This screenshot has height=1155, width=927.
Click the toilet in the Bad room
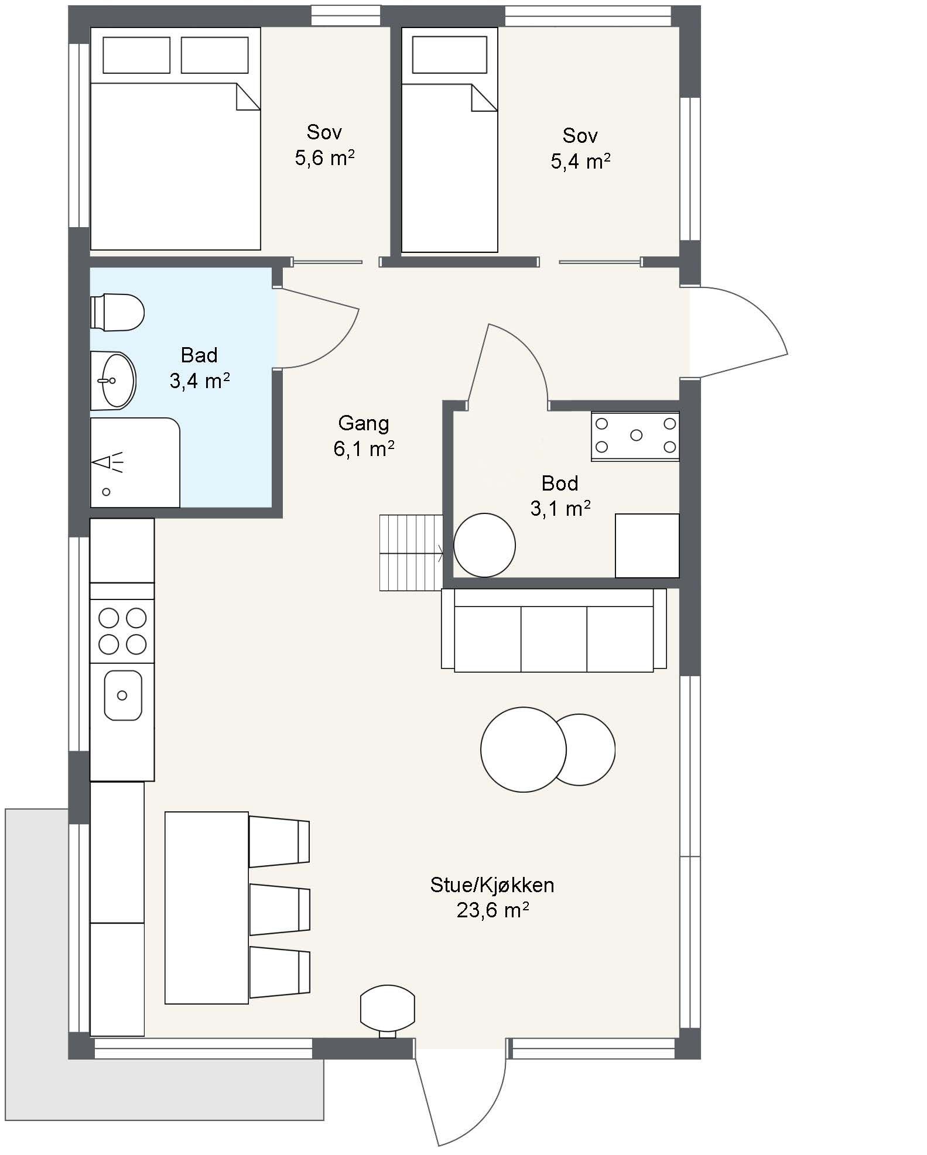click(x=117, y=312)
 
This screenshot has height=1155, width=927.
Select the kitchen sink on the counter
click(x=123, y=695)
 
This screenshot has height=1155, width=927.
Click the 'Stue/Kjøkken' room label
click(x=492, y=885)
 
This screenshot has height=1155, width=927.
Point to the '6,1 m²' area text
click(x=364, y=449)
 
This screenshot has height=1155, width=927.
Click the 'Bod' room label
click(x=560, y=483)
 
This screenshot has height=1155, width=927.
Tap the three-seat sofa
click(x=554, y=630)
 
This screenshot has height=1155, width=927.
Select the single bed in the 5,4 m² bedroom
click(x=450, y=141)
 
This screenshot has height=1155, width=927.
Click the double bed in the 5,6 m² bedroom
click(x=175, y=139)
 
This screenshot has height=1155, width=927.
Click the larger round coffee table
click(x=524, y=749)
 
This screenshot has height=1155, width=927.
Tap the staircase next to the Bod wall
click(x=411, y=553)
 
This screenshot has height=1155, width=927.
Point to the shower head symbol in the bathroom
click(x=109, y=462)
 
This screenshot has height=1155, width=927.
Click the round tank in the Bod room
click(x=484, y=545)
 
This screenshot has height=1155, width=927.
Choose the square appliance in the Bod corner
click(x=647, y=546)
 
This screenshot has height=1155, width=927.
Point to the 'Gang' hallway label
click(x=364, y=423)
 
